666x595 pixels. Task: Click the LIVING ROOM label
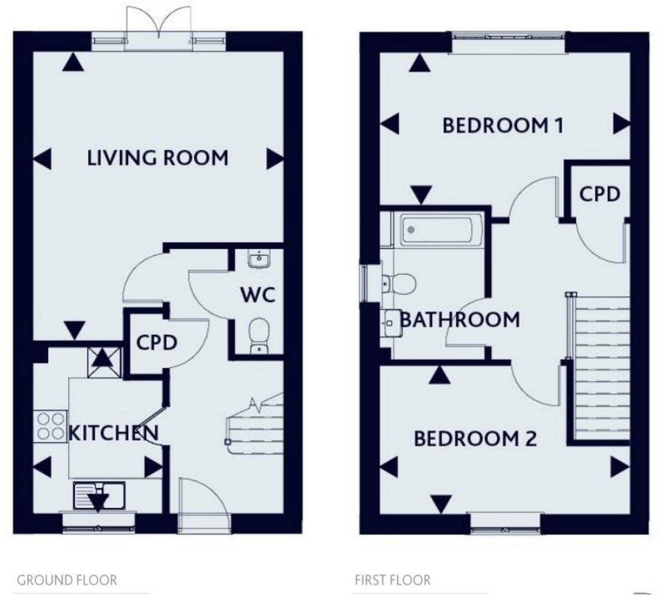click(158, 158)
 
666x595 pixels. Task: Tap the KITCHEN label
click(113, 432)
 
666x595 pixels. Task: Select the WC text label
click(258, 295)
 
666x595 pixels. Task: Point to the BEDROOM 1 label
click(503, 125)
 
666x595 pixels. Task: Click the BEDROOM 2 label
click(476, 439)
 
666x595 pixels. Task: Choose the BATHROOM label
click(460, 320)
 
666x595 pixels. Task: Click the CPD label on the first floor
click(599, 194)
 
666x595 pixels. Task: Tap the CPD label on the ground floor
click(157, 342)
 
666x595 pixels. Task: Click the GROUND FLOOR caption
click(67, 581)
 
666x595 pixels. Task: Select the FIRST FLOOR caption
click(393, 581)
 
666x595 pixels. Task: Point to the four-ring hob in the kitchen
click(50, 426)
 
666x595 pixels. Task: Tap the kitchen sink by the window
click(99, 495)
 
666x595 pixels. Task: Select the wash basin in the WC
click(259, 259)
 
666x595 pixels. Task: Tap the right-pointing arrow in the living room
click(275, 159)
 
